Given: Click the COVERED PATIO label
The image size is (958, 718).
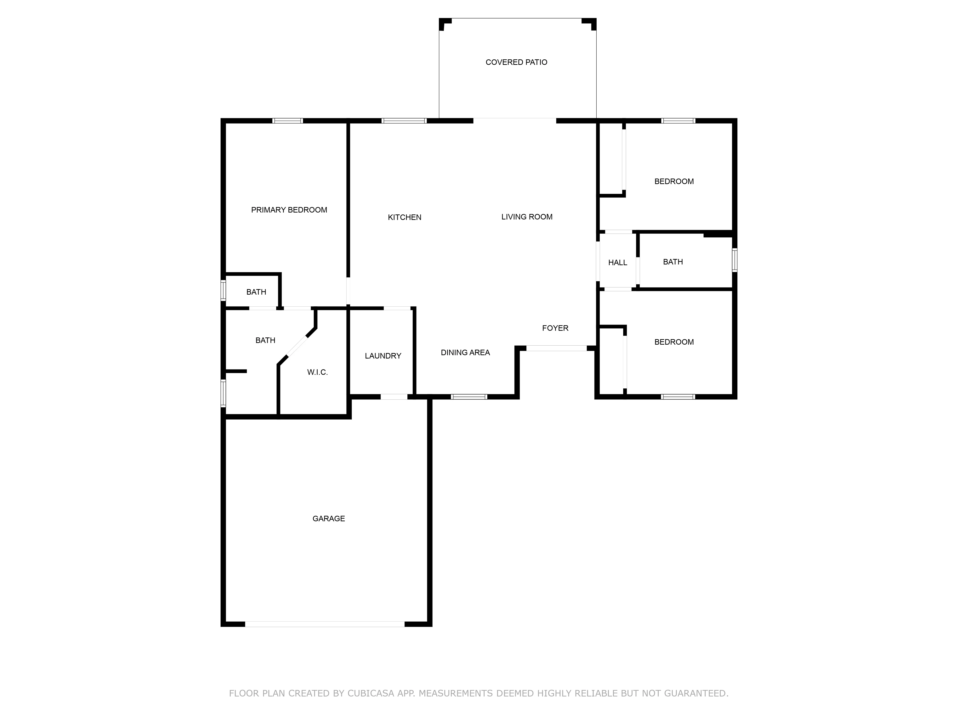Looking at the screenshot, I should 516,62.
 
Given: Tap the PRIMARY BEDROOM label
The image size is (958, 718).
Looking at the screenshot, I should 289,210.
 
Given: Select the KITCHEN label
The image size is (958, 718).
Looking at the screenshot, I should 405,217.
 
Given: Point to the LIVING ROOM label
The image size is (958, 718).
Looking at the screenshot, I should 527,217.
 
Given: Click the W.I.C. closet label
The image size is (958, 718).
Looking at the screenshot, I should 317,372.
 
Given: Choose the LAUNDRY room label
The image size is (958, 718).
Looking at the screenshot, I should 383,356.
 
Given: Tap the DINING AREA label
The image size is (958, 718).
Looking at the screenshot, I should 465,353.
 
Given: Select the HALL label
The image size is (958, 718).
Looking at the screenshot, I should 618,263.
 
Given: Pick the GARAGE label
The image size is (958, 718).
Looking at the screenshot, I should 329,518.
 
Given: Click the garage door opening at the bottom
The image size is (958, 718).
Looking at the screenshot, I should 325,624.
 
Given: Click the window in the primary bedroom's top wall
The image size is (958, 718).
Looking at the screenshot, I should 288,121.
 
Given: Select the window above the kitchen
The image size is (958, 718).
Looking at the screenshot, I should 404,121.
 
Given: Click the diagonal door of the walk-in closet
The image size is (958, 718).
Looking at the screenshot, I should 297,347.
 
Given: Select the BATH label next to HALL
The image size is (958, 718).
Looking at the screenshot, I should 673,262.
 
